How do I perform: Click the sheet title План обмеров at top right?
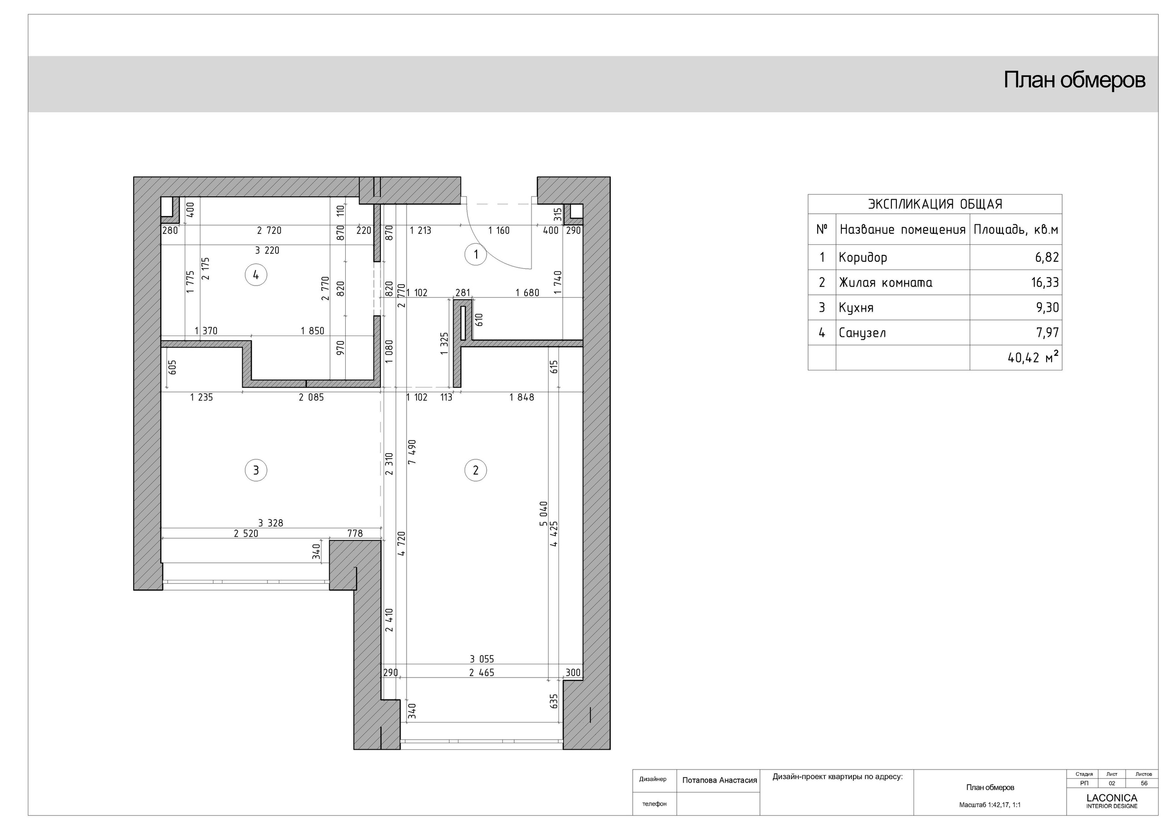click(x=1074, y=80)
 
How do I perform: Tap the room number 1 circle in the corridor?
click(x=476, y=254)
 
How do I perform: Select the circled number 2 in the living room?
click(x=475, y=470)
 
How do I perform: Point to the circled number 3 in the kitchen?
click(x=256, y=470)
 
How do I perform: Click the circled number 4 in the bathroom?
click(x=256, y=275)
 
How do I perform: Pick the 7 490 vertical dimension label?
click(x=412, y=452)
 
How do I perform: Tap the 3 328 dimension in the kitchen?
click(x=270, y=523)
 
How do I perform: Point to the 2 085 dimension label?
click(x=311, y=397)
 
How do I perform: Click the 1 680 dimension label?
click(x=527, y=293)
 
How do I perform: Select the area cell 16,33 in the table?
click(x=1044, y=282)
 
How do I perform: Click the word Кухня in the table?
click(x=856, y=308)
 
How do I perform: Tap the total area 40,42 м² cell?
click(x=1033, y=358)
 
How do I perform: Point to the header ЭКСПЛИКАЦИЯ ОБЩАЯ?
click(x=935, y=204)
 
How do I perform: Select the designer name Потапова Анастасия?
click(x=719, y=780)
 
